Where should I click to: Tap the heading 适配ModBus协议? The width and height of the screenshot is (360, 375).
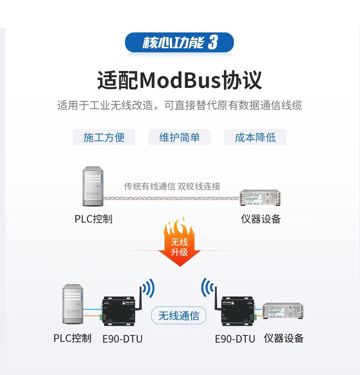click(179, 80)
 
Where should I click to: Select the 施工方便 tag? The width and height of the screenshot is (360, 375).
click(104, 137)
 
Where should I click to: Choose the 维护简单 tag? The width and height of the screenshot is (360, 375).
click(179, 137)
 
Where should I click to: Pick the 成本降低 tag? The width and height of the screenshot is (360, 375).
click(255, 137)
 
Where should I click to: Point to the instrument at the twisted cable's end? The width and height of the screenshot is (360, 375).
click(260, 197)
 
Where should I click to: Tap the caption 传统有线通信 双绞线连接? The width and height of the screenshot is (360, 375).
click(172, 186)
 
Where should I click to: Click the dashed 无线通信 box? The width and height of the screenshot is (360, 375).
click(179, 316)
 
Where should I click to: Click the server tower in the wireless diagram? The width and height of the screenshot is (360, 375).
click(73, 304)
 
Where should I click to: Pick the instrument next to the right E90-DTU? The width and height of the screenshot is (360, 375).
click(283, 312)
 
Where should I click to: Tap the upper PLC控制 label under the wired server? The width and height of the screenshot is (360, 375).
click(94, 219)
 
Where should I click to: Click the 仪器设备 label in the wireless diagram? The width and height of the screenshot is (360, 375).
click(284, 338)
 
